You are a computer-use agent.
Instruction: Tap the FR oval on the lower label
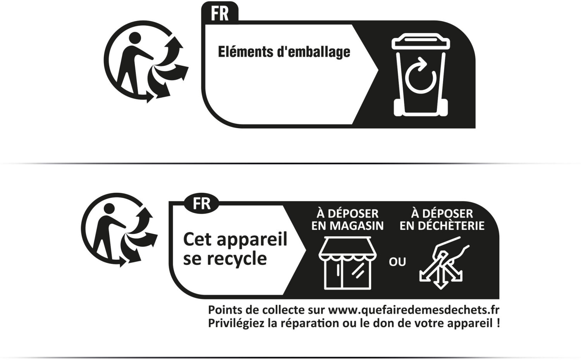201,204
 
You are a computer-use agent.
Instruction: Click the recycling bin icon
421,75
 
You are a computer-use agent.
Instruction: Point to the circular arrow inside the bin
420,76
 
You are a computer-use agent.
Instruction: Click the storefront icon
347,263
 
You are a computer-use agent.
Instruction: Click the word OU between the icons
397,262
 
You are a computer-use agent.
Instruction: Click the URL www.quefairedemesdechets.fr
414,310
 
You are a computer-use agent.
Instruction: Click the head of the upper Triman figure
135,38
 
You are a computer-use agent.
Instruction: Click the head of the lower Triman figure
109,209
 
